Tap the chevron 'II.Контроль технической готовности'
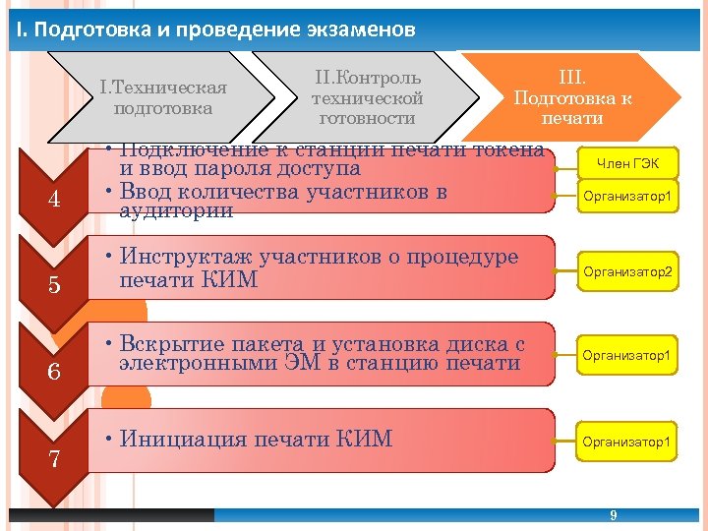click(x=367, y=97)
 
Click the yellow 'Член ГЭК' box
click(x=627, y=162)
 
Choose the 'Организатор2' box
click(x=627, y=270)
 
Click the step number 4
click(x=55, y=200)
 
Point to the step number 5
click(x=55, y=286)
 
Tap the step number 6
click(x=55, y=373)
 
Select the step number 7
click(x=55, y=458)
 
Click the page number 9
click(x=614, y=516)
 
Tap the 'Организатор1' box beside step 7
click(x=627, y=442)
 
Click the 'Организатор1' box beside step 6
click(x=627, y=355)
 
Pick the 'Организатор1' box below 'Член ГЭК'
click(x=627, y=197)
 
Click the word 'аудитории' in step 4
click(x=175, y=211)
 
